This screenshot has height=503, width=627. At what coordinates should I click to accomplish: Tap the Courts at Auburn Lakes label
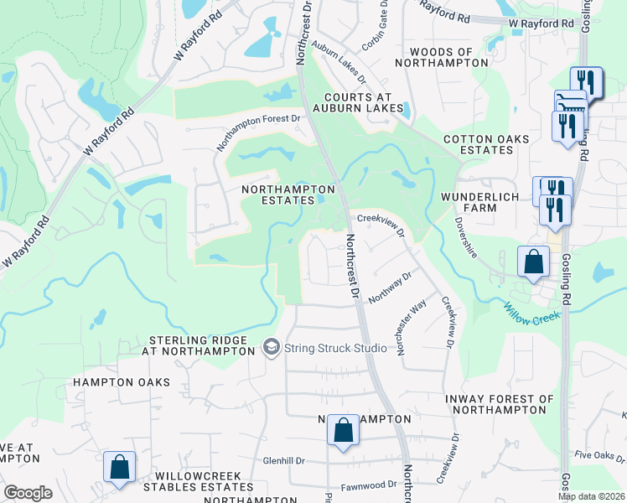pyautogui.click(x=353, y=102)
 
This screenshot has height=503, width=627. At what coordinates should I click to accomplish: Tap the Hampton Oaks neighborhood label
pyautogui.click(x=121, y=382)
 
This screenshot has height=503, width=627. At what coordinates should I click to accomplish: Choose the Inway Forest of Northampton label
pyautogui.click(x=502, y=405)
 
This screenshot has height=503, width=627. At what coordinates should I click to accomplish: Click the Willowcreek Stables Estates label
pyautogui.click(x=198, y=481)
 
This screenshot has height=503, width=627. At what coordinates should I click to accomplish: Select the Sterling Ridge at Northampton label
pyautogui.click(x=198, y=345)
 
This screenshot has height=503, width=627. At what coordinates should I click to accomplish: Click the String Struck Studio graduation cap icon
pyautogui.click(x=271, y=347)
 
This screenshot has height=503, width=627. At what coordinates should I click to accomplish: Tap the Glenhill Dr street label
pyautogui.click(x=283, y=460)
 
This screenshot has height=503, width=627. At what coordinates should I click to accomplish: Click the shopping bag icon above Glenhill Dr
pyautogui.click(x=342, y=431)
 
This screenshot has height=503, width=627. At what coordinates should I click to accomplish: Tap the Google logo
pyautogui.click(x=28, y=492)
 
